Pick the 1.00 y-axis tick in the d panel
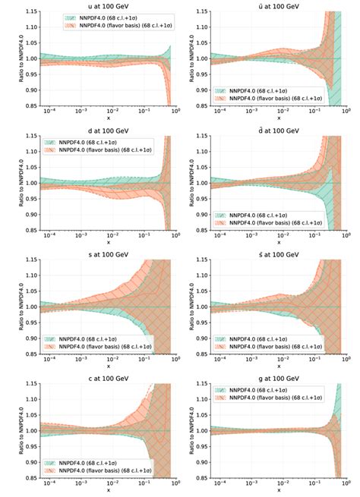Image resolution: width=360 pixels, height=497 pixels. [24, 183]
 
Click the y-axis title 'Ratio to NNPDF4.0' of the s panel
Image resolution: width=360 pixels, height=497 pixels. [6, 307]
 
